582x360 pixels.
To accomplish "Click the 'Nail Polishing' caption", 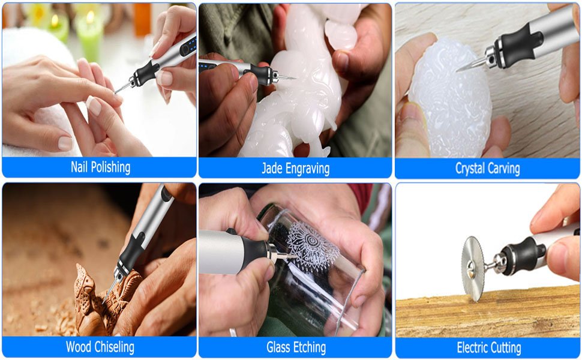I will [100, 167].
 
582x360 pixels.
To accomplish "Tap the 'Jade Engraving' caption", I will [295, 169].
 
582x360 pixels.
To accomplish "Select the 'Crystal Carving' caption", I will [487, 169].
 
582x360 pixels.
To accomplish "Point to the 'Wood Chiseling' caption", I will [100, 347].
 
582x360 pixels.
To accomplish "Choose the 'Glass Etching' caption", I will [296, 347].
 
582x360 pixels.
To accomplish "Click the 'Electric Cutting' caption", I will [488, 347].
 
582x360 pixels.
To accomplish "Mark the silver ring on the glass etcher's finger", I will [233, 332].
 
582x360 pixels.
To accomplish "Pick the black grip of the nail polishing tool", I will [145, 74].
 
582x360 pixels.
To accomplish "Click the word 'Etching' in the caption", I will [310, 347].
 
